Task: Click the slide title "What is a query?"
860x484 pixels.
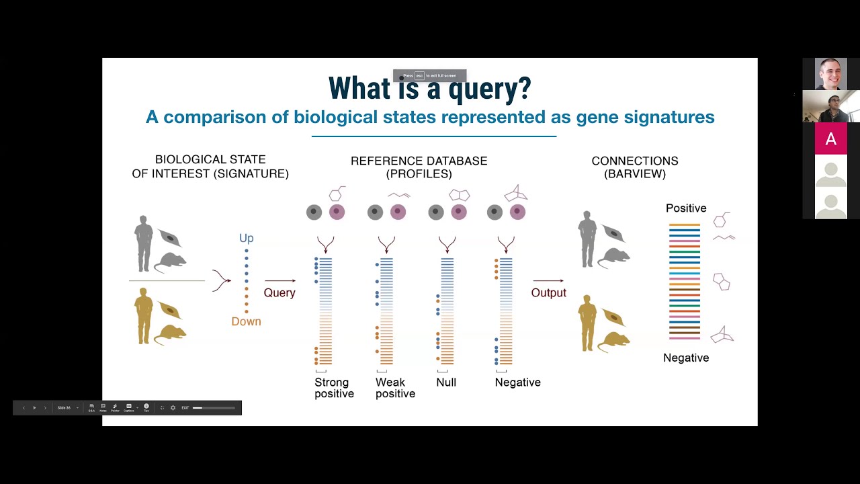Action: [429, 89]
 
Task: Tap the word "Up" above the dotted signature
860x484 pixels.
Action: [247, 238]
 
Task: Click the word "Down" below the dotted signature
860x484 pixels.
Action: [246, 321]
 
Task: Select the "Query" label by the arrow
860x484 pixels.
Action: [279, 292]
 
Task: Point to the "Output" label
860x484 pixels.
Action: [548, 292]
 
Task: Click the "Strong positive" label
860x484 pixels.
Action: [334, 388]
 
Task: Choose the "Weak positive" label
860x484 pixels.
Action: [395, 388]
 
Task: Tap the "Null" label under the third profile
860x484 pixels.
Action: [446, 382]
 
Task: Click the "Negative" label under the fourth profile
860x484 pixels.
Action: [517, 382]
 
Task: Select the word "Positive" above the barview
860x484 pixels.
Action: [686, 208]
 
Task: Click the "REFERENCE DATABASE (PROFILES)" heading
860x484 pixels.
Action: [419, 167]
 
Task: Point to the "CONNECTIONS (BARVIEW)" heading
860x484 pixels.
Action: [635, 167]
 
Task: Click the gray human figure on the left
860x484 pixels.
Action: [144, 243]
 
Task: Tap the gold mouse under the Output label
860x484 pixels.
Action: [613, 342]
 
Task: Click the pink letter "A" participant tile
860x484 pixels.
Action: [831, 139]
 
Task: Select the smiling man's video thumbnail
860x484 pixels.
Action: [831, 74]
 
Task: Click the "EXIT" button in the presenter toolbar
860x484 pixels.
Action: [185, 408]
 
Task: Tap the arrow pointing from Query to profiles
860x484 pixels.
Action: [279, 280]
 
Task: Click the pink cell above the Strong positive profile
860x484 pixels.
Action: [337, 212]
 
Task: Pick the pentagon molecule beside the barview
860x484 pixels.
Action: [721, 282]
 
